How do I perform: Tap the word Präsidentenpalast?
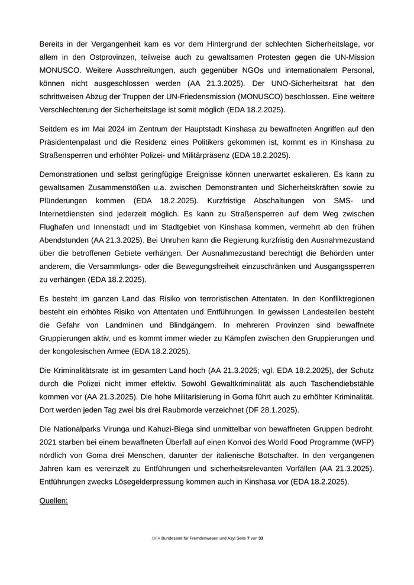coord(74,142)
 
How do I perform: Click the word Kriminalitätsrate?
coord(86,371)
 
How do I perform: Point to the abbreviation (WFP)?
coord(363,443)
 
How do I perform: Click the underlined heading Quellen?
coord(54,501)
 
